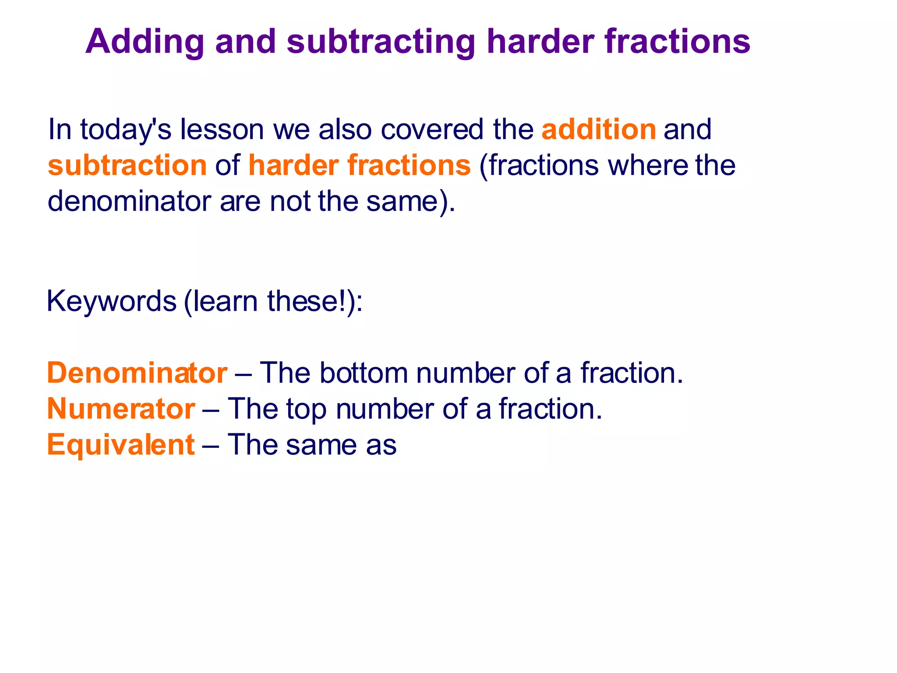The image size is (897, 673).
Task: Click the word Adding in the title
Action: [x=145, y=42]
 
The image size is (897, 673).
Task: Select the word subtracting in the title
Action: [x=381, y=42]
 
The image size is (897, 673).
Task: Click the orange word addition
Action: [x=598, y=130]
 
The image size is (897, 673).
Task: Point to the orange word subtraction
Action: [x=127, y=166]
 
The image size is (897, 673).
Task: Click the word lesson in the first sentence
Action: [x=222, y=130]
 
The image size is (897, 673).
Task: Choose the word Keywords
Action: [x=111, y=301]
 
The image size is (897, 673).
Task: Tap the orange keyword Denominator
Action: [x=137, y=373]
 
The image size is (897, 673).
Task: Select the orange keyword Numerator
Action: [x=121, y=409]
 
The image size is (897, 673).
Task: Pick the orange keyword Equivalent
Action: [x=121, y=445]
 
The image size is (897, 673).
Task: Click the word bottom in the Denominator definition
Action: [x=364, y=373]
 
